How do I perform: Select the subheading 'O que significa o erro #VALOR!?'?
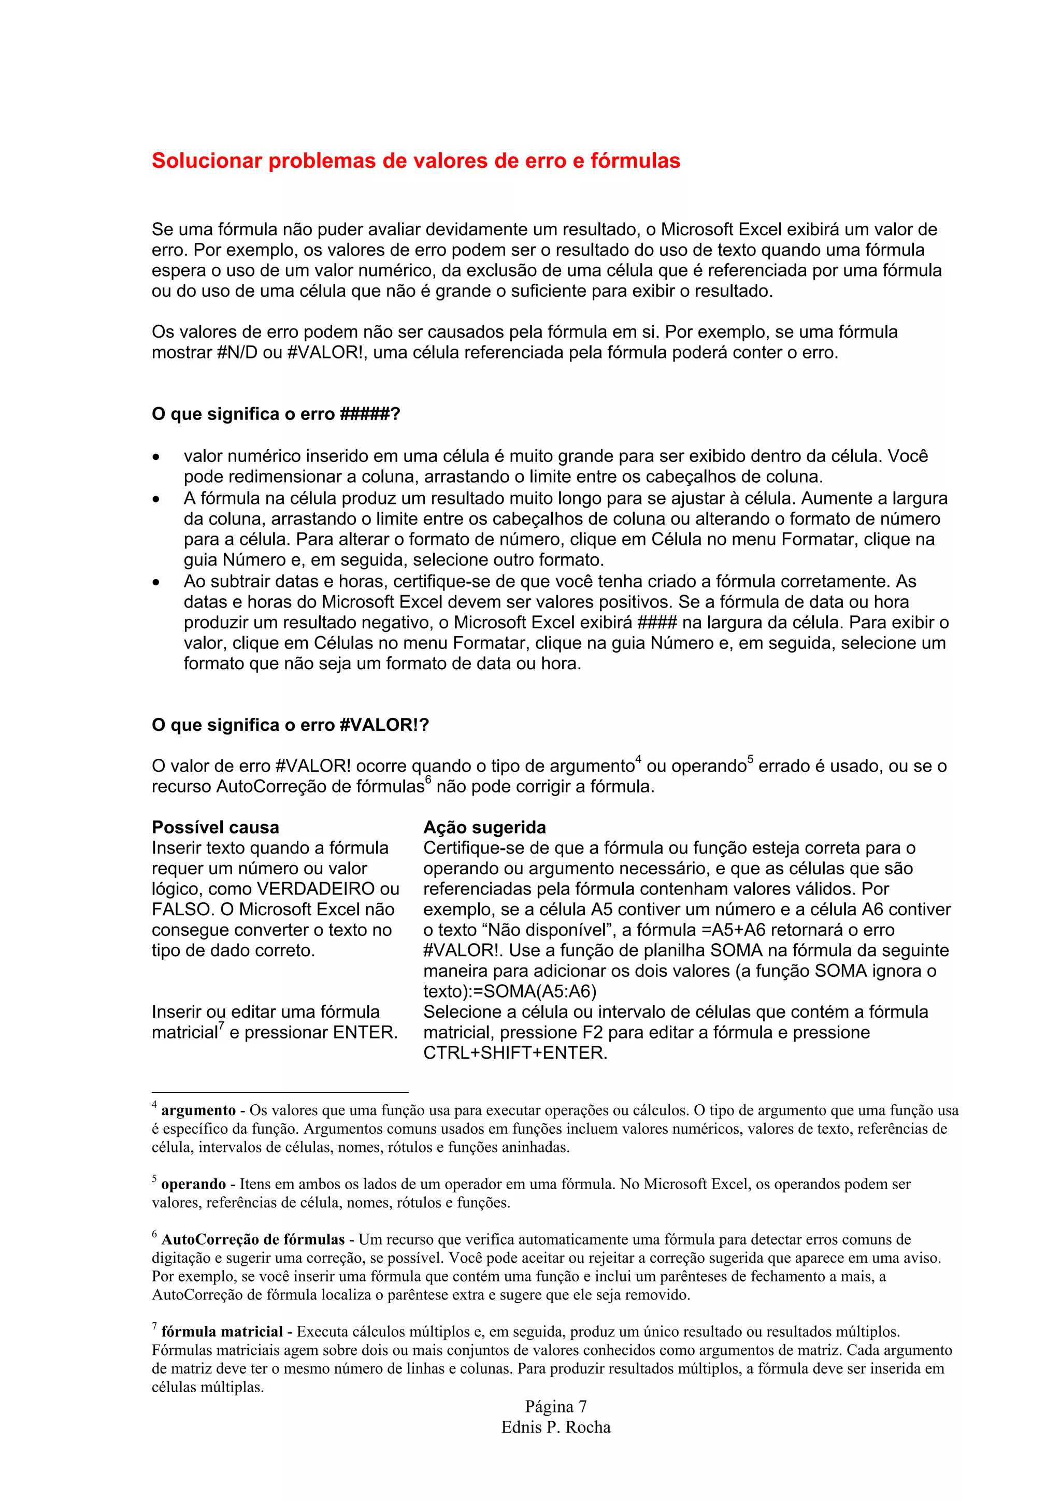point(290,725)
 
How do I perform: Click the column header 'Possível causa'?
point(215,827)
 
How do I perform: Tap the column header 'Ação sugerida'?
point(484,827)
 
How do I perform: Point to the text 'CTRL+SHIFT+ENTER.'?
point(515,1053)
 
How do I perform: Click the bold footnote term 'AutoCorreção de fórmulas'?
point(252,1239)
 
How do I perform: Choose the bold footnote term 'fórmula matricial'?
point(222,1332)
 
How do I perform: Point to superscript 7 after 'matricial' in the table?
point(222,1027)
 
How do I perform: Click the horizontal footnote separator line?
point(279,1092)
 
